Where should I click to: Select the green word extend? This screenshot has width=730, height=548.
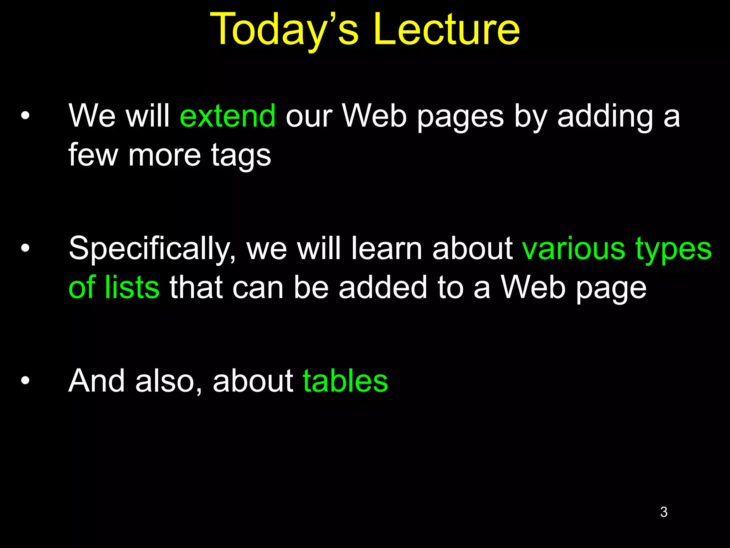228,116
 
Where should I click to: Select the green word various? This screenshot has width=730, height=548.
574,249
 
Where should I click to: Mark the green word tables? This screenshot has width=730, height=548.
345,381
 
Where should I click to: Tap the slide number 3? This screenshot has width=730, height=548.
664,512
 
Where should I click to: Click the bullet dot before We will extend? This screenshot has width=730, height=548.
25,116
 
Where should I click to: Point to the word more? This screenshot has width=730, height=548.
165,155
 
